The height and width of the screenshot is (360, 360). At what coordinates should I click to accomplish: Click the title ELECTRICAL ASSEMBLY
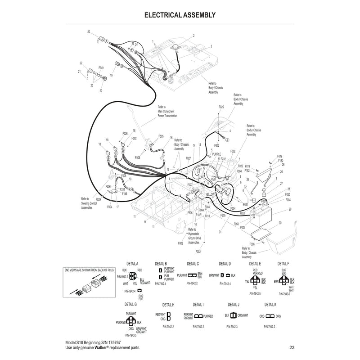180,15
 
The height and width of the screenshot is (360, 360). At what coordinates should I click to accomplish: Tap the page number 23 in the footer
292,347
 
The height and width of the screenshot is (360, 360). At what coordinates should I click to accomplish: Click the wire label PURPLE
216,154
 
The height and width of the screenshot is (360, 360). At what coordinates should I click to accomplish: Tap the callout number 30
280,223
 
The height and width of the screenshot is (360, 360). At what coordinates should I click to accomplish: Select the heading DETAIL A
131,264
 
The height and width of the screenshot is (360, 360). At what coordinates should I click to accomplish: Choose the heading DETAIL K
270,305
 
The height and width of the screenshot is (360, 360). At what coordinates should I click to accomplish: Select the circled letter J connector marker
227,140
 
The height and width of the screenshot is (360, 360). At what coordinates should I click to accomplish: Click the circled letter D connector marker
122,66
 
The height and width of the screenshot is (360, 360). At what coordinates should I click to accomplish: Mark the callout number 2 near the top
193,35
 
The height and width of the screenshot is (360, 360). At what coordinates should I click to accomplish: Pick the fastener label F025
221,107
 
